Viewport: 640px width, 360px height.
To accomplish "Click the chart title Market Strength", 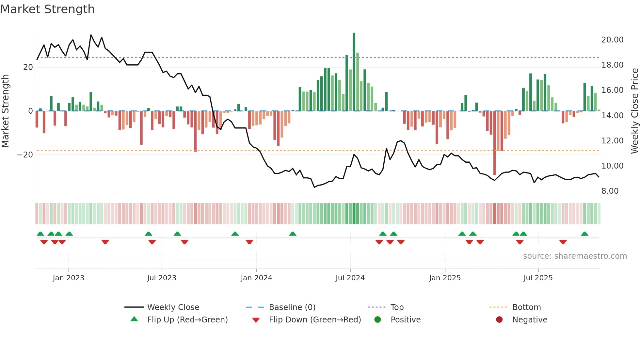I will click(47, 9).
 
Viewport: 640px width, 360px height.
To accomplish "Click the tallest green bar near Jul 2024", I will click(354, 72).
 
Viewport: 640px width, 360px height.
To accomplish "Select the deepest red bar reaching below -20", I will click(494, 144).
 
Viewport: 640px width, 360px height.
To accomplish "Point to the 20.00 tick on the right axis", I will click(612, 40).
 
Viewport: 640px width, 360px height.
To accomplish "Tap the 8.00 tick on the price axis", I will click(610, 191).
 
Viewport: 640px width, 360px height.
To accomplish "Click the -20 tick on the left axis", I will click(25, 155).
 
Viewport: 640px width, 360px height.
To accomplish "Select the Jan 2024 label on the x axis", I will click(256, 278).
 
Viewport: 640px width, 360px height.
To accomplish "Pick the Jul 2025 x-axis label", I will click(538, 278).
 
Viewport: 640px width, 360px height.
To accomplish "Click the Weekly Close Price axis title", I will click(634, 111).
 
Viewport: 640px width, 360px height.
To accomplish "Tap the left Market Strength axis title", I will click(6, 111).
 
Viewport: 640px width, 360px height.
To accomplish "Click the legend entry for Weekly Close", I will click(173, 307).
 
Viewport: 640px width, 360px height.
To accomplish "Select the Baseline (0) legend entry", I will click(292, 307).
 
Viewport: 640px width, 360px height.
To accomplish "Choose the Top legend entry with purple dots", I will click(397, 307).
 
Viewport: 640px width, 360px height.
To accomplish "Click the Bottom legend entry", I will click(526, 307).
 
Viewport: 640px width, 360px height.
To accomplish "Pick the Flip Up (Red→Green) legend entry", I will click(187, 320).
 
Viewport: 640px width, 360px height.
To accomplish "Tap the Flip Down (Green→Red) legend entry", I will click(315, 320).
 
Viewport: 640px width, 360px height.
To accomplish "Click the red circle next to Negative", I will click(499, 320).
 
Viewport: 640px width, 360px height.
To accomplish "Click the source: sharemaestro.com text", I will click(575, 256).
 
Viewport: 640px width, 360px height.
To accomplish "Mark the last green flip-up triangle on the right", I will click(584, 234).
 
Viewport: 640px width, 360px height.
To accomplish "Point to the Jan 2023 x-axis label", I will click(69, 278).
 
